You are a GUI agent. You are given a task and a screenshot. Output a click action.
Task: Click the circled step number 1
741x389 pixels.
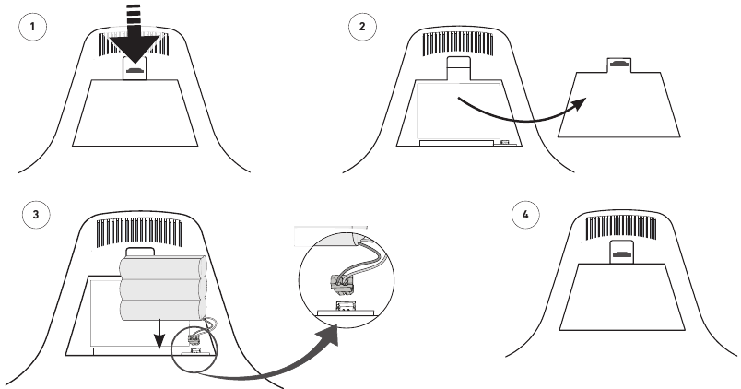[x=32, y=27]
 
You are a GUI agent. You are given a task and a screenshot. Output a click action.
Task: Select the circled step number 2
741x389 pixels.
[x=362, y=27]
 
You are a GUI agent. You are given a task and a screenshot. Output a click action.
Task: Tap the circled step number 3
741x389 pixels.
[x=36, y=215]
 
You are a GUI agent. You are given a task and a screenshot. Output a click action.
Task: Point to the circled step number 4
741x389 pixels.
[x=525, y=215]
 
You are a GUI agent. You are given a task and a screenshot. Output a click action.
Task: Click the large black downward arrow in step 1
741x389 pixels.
[x=135, y=38]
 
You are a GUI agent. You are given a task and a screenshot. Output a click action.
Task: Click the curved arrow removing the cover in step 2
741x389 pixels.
[x=523, y=115]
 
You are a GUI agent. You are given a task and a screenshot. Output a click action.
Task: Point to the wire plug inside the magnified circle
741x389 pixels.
[x=341, y=282]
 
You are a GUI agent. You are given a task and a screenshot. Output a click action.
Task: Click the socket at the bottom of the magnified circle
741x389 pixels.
[x=345, y=306]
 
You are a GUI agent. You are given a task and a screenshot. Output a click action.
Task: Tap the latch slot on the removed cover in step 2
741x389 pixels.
[x=618, y=64]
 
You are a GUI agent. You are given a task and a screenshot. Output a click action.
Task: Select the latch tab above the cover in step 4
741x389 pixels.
[x=621, y=252]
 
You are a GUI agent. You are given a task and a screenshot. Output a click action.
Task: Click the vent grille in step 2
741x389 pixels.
[x=457, y=44]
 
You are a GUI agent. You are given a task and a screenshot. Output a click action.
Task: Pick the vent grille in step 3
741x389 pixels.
[x=139, y=232]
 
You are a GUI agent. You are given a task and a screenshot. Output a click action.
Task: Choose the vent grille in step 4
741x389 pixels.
[x=621, y=228]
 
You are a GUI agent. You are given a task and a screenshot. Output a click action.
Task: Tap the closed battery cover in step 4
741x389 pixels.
[x=622, y=297]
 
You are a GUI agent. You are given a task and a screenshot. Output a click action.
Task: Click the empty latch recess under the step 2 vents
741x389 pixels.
[x=458, y=68]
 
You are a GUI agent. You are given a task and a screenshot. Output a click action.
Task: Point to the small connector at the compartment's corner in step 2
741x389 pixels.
[x=505, y=142]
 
